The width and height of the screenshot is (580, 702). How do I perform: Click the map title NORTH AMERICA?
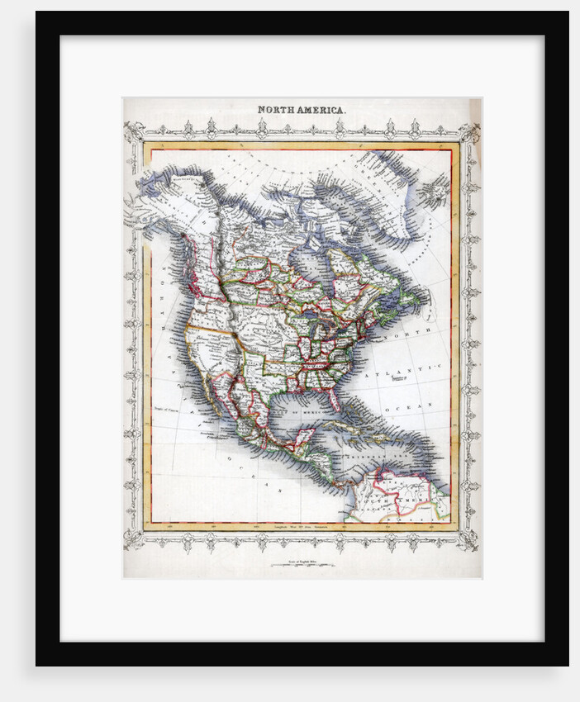(302, 109)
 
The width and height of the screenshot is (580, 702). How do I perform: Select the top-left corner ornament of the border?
(134, 131)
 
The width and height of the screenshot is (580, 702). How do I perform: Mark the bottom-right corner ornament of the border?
(469, 540)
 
